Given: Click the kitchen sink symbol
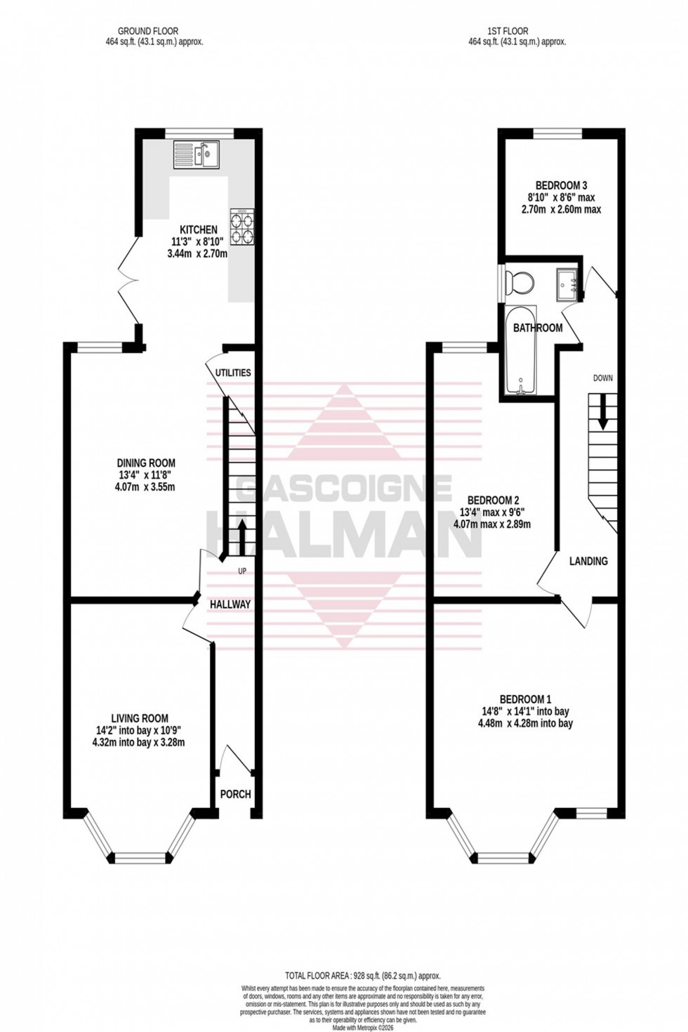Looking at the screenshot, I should click(197, 154).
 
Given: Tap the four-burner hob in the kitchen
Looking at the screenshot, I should click(242, 227).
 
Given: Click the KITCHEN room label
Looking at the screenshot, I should click(199, 230).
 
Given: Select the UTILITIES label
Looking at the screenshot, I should click(233, 373).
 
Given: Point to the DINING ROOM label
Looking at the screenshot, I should click(146, 463).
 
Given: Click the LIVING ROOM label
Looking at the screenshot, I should click(140, 718).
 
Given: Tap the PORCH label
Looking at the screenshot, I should click(236, 794).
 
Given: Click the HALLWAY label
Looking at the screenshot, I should click(230, 604).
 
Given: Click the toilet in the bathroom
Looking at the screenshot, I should click(520, 282).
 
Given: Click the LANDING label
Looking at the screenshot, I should click(588, 561).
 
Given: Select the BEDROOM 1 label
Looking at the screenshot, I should click(525, 699).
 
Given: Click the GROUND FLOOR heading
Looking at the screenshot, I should click(147, 31).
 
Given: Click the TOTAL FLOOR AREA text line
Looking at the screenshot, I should click(362, 975).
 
